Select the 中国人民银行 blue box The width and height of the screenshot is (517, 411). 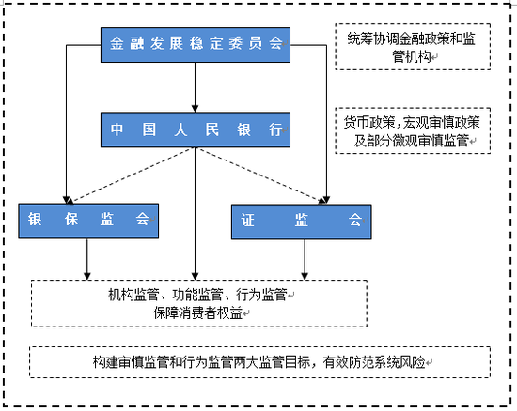(195, 129)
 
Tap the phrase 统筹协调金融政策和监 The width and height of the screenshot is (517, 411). (411, 38)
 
